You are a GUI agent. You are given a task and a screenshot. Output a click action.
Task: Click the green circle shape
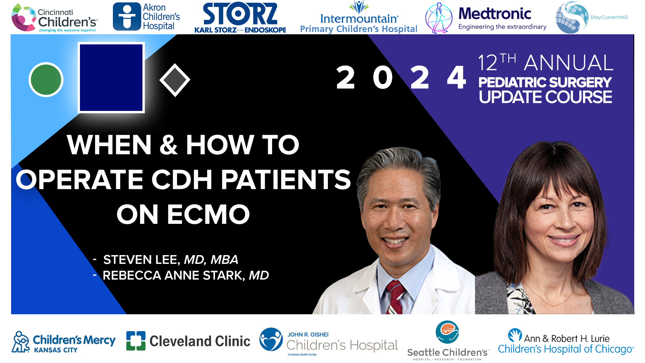click(46, 80)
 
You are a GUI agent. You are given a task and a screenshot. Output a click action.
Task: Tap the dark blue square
click(111, 77)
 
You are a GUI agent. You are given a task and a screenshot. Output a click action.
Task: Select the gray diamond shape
click(175, 80)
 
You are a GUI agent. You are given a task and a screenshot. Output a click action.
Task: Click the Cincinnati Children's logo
click(54, 18)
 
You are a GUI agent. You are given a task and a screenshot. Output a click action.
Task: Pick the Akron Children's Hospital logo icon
click(127, 16)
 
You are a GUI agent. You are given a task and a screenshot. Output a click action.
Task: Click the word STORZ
click(240, 14)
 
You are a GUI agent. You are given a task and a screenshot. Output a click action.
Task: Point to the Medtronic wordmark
click(494, 14)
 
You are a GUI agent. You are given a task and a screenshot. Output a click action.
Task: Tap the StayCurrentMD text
click(609, 17)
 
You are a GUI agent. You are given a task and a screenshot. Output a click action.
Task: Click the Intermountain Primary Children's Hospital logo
click(358, 19)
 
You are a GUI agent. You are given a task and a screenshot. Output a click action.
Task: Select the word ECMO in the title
click(208, 214)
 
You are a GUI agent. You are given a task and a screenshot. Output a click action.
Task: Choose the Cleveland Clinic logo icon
click(136, 340)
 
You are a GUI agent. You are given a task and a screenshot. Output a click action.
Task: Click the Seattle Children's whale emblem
click(447, 332)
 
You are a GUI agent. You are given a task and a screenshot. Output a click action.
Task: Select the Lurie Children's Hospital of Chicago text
click(566, 349)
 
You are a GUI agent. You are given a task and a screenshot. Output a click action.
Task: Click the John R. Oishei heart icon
click(271, 339)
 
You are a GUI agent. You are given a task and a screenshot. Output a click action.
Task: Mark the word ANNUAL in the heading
click(569, 63)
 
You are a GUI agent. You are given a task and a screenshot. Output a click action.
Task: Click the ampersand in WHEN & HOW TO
click(168, 145)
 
